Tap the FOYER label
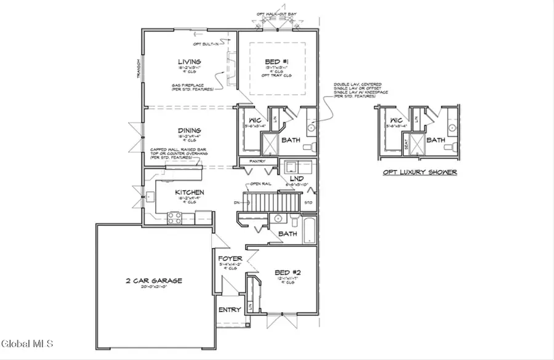230,259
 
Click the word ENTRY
230,310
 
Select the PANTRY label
258,162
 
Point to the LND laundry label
296,178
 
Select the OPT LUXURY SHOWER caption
417,172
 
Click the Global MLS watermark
27,343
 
